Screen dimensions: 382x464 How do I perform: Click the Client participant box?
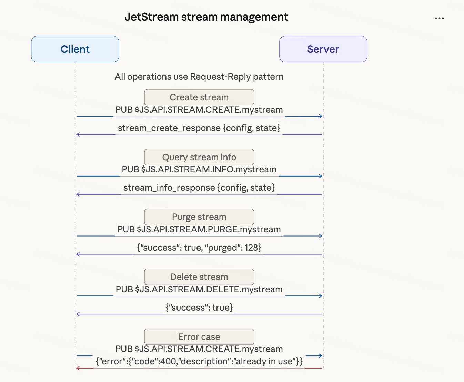point(75,49)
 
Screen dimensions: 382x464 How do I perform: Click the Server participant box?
point(323,49)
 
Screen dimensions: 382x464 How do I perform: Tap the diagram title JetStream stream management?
point(206,17)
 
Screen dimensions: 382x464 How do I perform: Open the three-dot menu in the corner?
point(439,18)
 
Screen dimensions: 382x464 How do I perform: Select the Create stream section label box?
point(199,97)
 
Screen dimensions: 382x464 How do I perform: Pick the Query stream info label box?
point(199,157)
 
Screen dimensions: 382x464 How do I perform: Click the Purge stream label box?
point(199,217)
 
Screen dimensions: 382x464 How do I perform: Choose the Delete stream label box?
point(199,277)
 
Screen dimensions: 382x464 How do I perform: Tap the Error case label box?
point(199,336)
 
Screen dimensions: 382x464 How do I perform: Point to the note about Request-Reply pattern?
point(199,77)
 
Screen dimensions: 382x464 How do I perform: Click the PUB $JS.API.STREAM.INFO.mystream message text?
point(199,169)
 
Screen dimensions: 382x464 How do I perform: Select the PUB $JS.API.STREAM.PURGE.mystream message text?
point(199,229)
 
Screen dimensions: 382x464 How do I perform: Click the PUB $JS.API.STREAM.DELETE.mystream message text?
point(199,289)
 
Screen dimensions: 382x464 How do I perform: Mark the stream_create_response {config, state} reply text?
point(199,128)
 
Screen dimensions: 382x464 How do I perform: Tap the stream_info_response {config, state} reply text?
point(199,188)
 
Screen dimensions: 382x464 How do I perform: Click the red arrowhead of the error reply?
point(78,368)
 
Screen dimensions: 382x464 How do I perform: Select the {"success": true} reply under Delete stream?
point(199,308)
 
